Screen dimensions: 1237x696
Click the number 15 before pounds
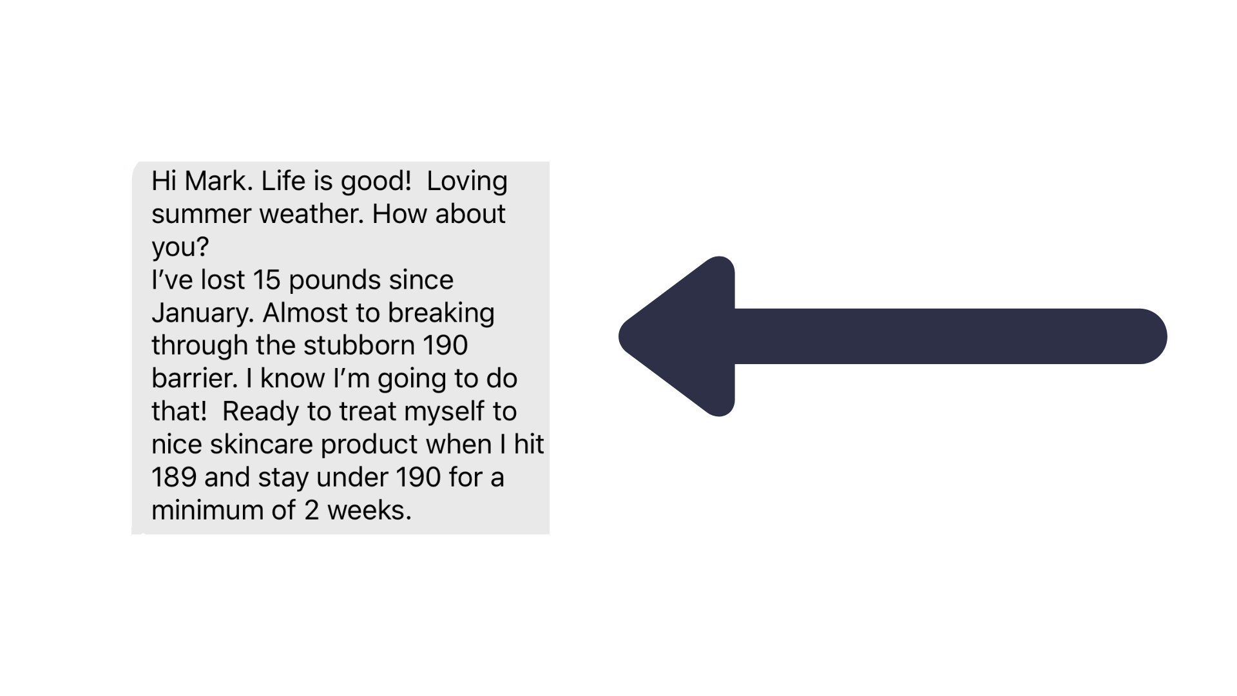tap(266, 280)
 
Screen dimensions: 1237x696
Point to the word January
tap(202, 313)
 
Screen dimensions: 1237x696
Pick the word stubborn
tap(360, 345)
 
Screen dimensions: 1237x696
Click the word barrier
tap(194, 378)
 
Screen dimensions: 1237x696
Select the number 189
tap(174, 478)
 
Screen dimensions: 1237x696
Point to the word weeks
tap(369, 510)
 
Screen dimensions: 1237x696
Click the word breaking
tap(441, 313)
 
